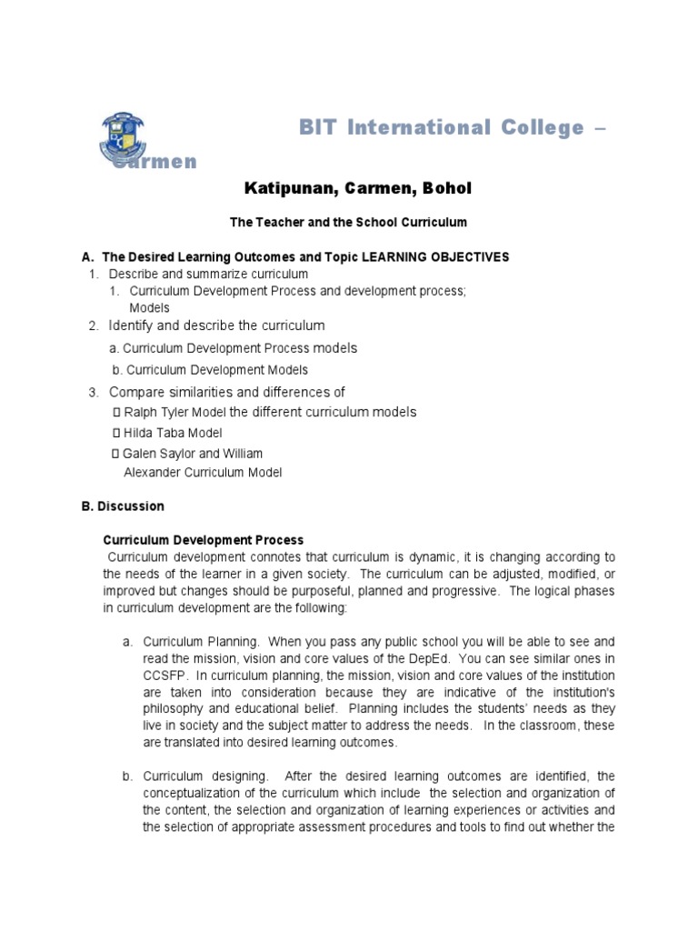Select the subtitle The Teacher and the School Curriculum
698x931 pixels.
tap(348, 222)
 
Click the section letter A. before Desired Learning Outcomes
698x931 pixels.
tap(88, 257)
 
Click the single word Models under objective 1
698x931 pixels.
tap(149, 307)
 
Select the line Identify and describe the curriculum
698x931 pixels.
tap(216, 325)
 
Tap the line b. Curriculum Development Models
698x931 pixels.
tap(210, 370)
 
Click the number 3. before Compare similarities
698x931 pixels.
tap(93, 392)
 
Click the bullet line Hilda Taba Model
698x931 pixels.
tap(171, 433)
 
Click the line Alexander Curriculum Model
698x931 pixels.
tap(203, 472)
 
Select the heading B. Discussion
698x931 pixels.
tap(123, 506)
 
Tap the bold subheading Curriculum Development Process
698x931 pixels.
tap(203, 540)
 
